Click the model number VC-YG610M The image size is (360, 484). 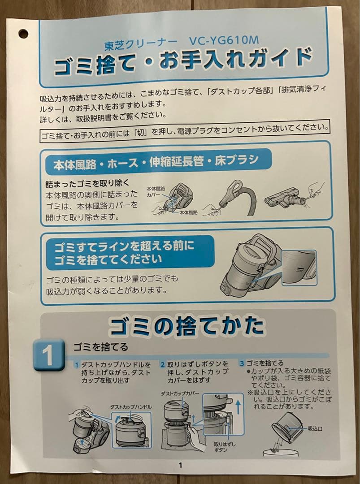point(224,41)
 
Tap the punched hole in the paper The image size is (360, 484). point(23,34)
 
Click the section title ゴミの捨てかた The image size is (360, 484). point(186,327)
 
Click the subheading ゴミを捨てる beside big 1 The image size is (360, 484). point(101,347)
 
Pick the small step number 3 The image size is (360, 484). point(242,363)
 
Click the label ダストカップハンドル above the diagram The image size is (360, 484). point(131,406)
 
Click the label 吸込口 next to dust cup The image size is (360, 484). point(315,428)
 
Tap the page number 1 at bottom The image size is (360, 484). point(181,465)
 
